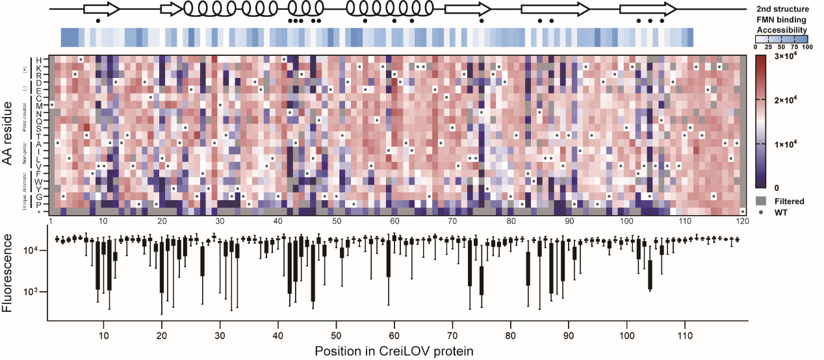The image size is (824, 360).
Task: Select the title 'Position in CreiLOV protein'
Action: pyautogui.click(x=394, y=351)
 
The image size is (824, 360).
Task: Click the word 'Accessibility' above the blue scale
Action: pyautogui.click(x=782, y=30)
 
